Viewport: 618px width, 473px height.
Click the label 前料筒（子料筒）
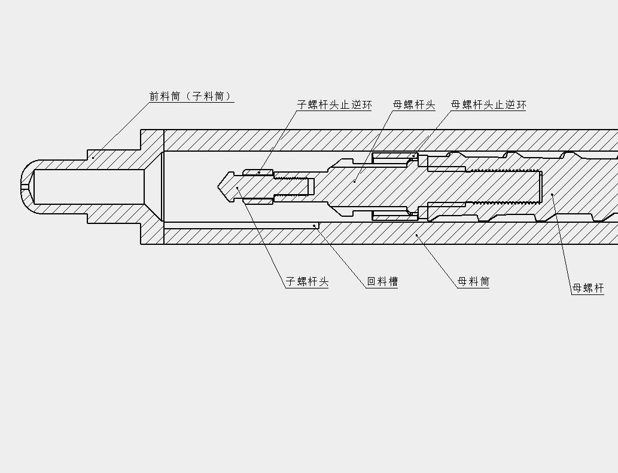[190, 96]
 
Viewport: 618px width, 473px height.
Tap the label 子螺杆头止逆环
[334, 105]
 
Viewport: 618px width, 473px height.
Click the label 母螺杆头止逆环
[488, 105]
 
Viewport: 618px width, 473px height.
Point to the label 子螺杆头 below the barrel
[307, 282]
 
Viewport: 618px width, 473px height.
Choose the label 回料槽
[382, 282]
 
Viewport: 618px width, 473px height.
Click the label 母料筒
[473, 282]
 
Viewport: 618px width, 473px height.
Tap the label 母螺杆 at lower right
[587, 288]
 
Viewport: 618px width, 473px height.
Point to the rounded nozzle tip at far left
[25, 186]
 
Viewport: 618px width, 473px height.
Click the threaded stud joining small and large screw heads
[293, 186]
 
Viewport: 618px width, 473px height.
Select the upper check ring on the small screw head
[258, 173]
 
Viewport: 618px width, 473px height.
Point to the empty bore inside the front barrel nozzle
[90, 186]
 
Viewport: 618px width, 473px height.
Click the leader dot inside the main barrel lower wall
[417, 235]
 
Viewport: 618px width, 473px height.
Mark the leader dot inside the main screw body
[552, 194]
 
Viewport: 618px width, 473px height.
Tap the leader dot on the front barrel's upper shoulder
[93, 158]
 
